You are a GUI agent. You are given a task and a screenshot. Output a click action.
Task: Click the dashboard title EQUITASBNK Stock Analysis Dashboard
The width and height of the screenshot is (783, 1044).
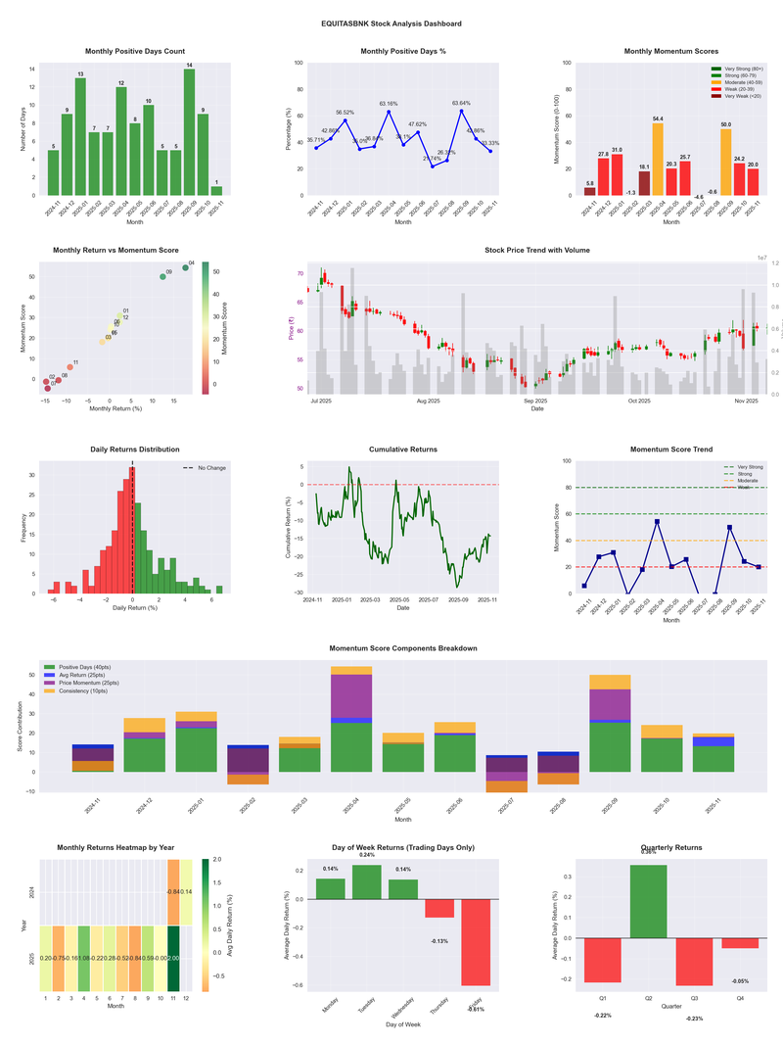coord(391,24)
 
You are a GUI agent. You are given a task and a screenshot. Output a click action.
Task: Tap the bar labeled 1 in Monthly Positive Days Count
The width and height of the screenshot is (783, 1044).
coord(216,190)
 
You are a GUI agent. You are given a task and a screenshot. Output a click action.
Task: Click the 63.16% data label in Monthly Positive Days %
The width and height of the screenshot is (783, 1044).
coord(389,103)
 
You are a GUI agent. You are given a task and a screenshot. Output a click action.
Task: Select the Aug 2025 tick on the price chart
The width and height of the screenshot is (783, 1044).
coord(428,401)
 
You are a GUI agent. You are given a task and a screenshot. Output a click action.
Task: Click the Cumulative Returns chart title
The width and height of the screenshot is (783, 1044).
coord(403,449)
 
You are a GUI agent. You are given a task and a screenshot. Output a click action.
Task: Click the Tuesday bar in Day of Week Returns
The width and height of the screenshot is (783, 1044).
coord(366,881)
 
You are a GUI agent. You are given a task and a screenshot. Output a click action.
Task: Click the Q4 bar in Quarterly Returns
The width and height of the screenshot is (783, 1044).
coord(740,942)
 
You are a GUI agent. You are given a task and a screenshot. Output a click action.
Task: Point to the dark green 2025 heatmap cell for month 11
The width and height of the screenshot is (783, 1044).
coord(173,958)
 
